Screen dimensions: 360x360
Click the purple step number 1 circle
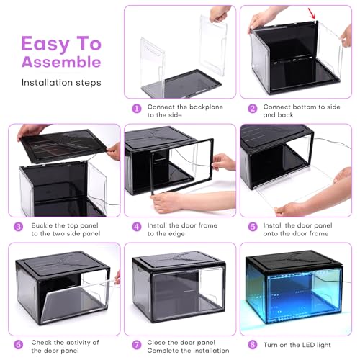point(137,109)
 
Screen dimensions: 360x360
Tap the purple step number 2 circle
point(253,109)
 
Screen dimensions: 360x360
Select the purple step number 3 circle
point(19,227)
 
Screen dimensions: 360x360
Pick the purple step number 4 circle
point(137,227)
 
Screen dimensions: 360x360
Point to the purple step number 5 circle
point(253,227)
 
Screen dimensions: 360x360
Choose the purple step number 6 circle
point(19,345)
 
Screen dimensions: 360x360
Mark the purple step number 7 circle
point(137,345)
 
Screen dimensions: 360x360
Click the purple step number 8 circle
point(253,345)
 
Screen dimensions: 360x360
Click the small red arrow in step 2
point(312,13)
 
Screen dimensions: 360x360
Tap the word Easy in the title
point(45,44)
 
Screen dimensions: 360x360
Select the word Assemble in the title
point(61,62)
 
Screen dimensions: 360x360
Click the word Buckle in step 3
point(42,225)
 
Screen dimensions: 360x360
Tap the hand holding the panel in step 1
point(219,14)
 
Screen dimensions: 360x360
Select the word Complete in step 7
point(163,351)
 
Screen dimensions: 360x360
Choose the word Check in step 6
point(41,342)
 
